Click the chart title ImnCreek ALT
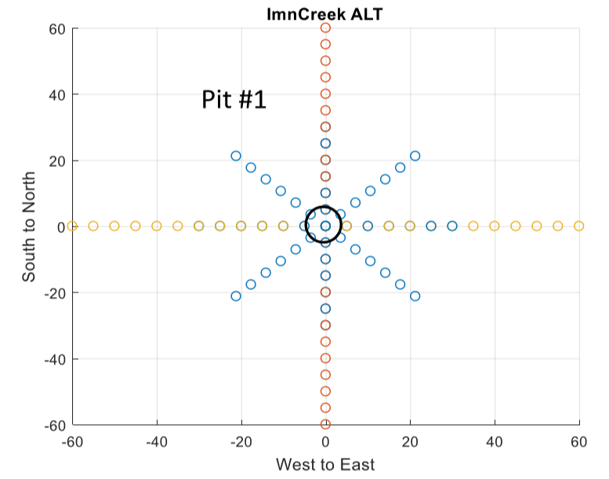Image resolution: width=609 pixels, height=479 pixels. point(325,14)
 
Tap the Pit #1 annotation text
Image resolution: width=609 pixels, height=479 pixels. point(234,100)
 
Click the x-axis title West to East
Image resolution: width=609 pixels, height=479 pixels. point(325,464)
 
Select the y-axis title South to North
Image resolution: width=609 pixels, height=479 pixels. point(29,227)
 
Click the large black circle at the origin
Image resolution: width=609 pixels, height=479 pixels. point(323,224)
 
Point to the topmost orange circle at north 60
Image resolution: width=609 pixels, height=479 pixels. point(325,28)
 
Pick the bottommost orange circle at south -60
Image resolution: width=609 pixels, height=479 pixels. point(325,424)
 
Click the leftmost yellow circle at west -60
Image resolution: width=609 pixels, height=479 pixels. point(73,226)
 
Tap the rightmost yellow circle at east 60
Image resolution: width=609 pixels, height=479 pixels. point(578,226)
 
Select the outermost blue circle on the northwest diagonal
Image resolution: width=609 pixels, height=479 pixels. point(236,156)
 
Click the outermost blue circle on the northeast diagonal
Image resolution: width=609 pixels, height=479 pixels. point(415,156)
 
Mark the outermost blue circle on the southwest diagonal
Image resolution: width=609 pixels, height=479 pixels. point(236,296)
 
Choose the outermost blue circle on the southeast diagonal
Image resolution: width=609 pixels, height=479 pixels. point(415,296)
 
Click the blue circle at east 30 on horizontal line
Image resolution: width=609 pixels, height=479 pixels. point(452,226)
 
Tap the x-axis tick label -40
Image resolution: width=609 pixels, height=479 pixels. point(157,441)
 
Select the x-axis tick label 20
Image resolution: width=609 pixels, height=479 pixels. point(410,441)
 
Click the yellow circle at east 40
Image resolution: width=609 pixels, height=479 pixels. point(495,226)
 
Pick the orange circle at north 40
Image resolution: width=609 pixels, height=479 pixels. point(325,94)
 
